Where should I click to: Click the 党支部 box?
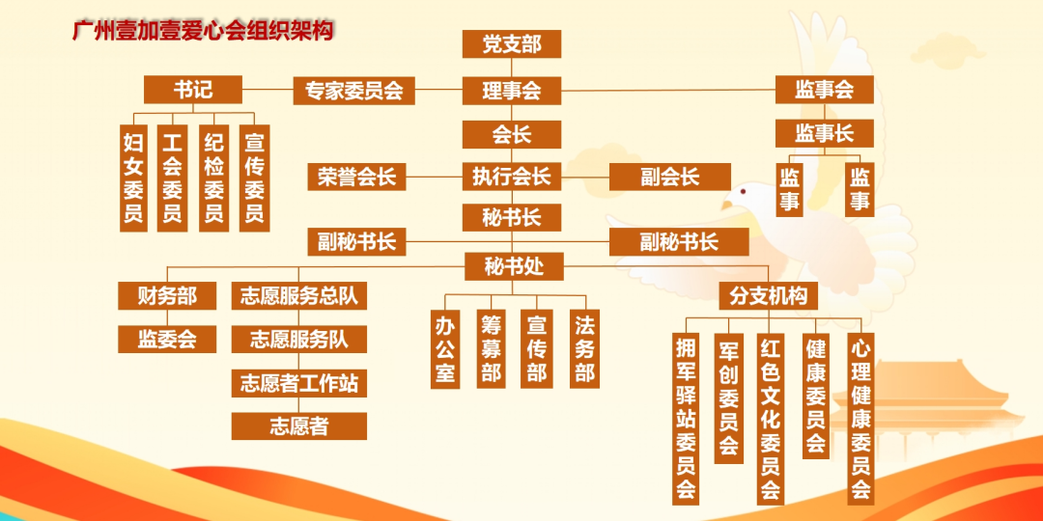[512, 43]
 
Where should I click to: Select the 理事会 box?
[512, 91]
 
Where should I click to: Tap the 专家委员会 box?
[353, 91]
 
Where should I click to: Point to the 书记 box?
[193, 89]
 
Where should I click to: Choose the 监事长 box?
[824, 133]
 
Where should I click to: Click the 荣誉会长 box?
[356, 177]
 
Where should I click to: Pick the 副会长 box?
[670, 177]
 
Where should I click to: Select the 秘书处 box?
[514, 266]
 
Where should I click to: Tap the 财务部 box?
[167, 296]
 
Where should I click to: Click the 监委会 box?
[167, 339]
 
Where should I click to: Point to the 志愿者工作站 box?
[298, 383]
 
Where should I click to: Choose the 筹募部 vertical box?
[491, 349]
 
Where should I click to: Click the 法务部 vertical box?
[584, 349]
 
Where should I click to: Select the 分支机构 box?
[769, 296]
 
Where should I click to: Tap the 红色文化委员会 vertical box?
[771, 419]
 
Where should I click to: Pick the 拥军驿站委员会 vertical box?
[686, 419]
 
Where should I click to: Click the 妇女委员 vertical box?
[133, 178]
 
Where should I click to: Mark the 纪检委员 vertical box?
[213, 178]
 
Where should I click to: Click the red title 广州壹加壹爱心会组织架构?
[203, 31]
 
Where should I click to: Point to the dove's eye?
[743, 192]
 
